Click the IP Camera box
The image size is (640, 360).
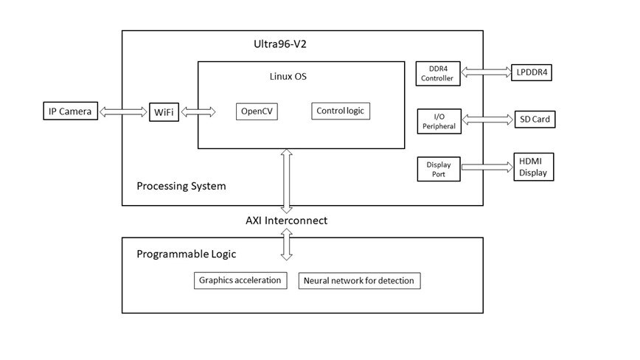coord(70,111)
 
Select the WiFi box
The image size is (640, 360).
coord(164,112)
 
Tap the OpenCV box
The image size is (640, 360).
coord(257,111)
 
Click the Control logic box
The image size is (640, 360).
coord(339,111)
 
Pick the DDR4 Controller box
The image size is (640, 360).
coord(438,73)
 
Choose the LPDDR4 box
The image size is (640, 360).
coord(533,72)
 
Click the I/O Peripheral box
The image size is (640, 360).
coord(438,120)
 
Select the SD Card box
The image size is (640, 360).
coord(533,119)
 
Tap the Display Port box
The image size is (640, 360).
coord(438,169)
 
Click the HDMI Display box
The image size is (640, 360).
coord(533,167)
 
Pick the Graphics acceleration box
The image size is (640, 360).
coord(240,280)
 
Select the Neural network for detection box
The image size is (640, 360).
coord(359,280)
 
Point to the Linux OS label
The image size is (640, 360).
coord(288,77)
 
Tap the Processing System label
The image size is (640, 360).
coord(181,186)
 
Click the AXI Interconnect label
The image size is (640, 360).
coord(287,220)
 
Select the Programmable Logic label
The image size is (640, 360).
coord(187,255)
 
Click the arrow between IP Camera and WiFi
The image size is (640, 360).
coord(123,112)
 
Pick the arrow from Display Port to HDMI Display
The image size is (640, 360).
coord(487,167)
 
